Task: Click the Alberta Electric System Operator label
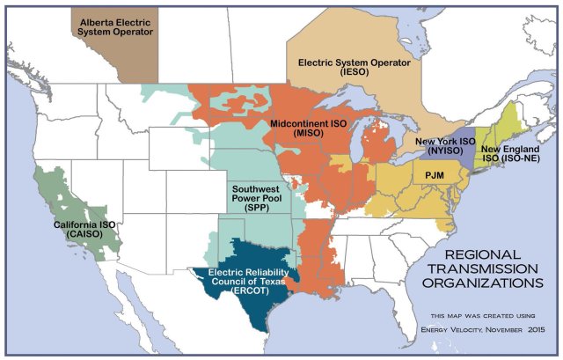(x=116, y=26)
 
